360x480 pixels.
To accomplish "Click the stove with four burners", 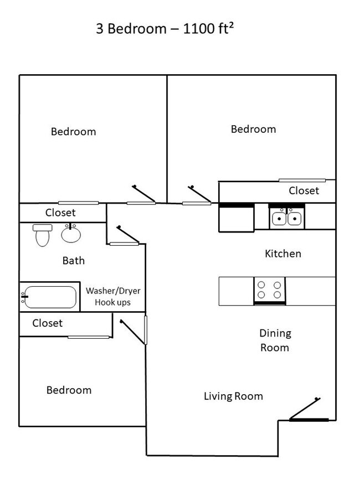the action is point(269,291).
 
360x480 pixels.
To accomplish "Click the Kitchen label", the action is point(283,254).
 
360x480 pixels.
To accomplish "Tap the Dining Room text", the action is point(275,340).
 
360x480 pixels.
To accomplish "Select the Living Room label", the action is point(233,396).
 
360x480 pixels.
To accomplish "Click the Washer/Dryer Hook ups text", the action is point(113,296).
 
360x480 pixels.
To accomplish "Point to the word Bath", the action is point(74,261).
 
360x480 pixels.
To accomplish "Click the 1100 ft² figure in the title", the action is point(208,28).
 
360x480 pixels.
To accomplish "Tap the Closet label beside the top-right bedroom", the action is point(304,190).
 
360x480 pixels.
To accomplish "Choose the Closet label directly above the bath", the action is point(60,213).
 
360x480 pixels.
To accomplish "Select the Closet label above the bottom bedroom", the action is point(48,323).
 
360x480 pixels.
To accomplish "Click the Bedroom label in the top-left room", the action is point(74,132).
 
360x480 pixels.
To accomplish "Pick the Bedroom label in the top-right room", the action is point(254,129).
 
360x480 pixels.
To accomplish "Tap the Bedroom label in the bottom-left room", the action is point(69,390).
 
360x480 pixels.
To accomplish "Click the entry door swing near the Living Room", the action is point(305,409).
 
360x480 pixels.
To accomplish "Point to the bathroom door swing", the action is point(128,234).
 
